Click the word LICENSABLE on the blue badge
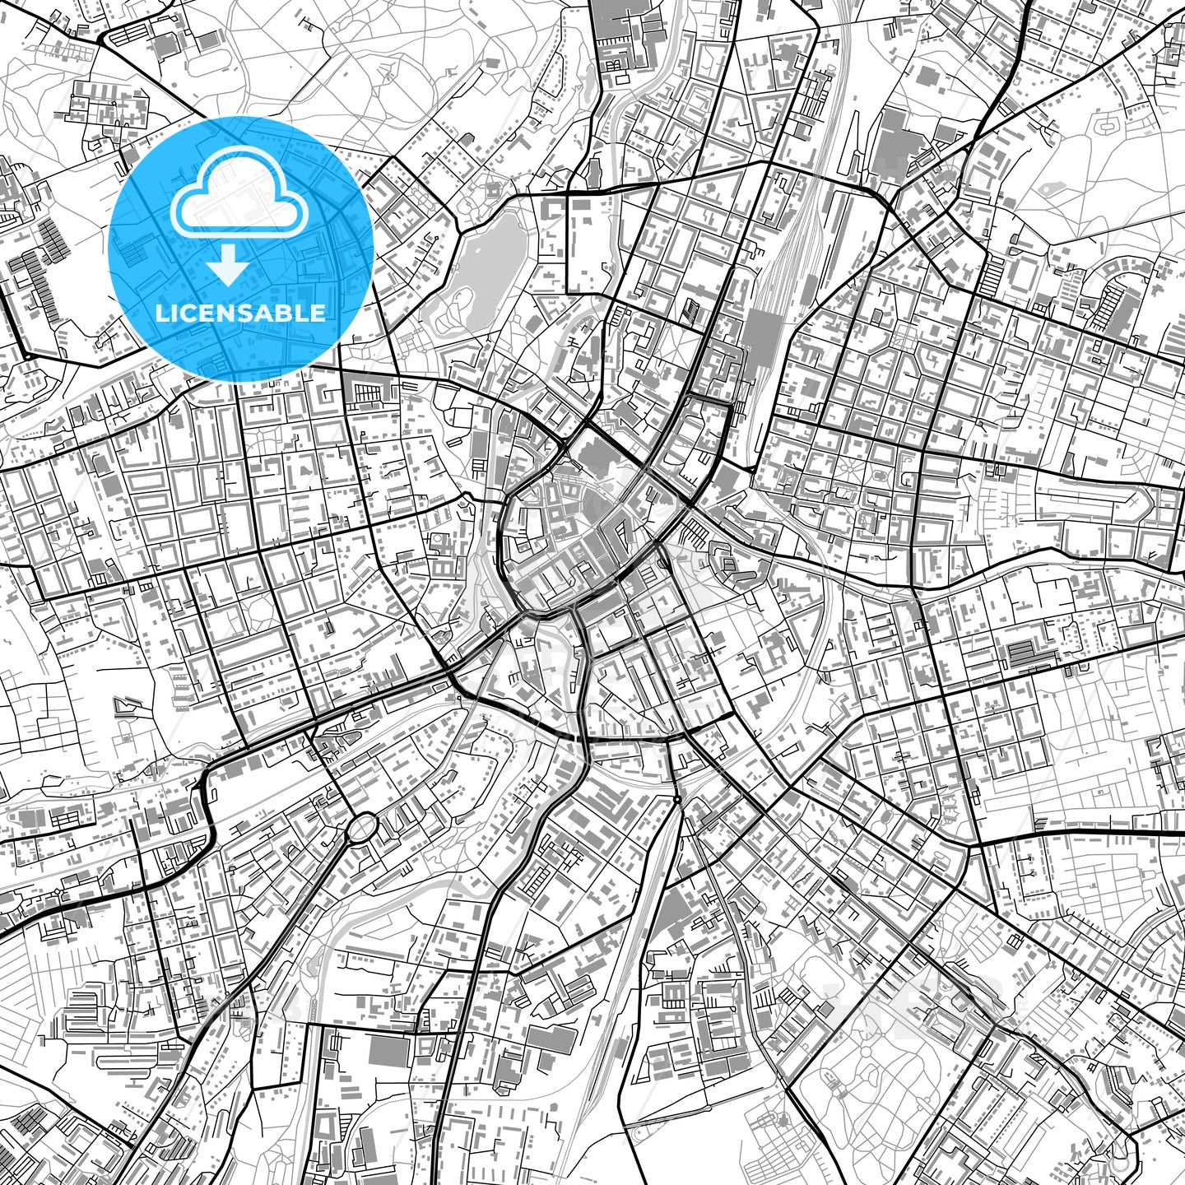(240, 313)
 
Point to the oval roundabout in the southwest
(361, 828)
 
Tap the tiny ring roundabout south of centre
(676, 799)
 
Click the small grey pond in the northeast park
(1049, 188)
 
